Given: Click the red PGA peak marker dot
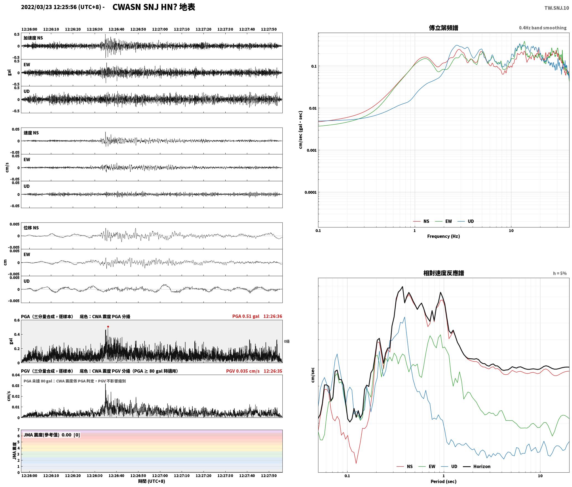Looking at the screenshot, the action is click(x=108, y=327).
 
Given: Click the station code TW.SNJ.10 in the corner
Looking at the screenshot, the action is click(x=556, y=8).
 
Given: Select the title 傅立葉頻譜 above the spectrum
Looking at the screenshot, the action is click(x=443, y=28).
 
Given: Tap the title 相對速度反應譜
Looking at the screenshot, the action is click(x=444, y=273).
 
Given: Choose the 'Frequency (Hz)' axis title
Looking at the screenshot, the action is click(x=443, y=236).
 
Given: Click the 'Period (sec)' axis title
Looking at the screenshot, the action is click(x=443, y=481).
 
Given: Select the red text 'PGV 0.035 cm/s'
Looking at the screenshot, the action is click(x=243, y=371).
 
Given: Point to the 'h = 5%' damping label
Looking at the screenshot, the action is click(x=560, y=273).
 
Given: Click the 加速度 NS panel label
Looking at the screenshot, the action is click(x=33, y=38).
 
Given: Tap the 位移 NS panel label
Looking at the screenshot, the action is click(x=31, y=228).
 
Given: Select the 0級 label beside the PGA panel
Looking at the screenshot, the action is click(x=287, y=341).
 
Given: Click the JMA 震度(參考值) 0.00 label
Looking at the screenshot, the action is click(x=52, y=435).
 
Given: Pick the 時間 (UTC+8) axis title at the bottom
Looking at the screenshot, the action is click(x=152, y=481).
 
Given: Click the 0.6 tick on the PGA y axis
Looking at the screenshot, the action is click(x=17, y=320).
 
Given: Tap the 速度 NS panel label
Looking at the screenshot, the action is click(x=31, y=133).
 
